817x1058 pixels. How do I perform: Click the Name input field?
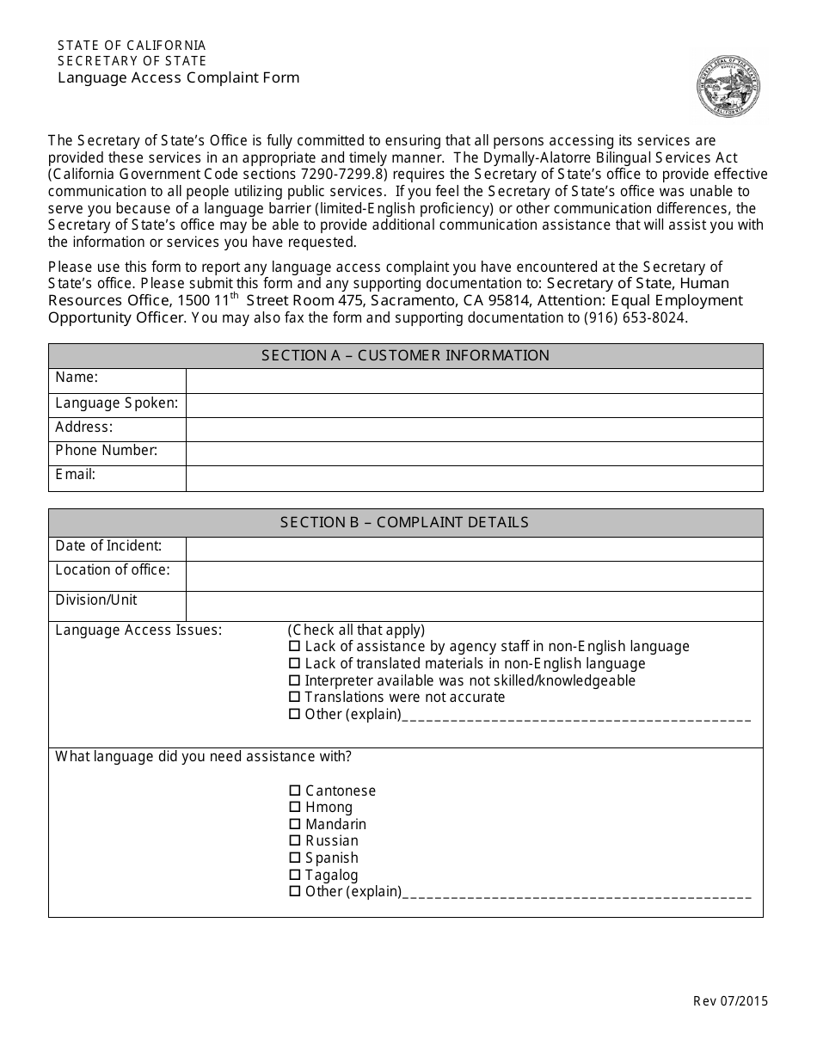tap(474, 381)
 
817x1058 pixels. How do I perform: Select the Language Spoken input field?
tap(474, 405)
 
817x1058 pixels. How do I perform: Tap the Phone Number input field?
tap(474, 453)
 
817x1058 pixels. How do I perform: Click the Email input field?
tap(474, 478)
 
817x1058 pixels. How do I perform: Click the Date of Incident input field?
tap(474, 549)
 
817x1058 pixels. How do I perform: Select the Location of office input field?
tap(474, 575)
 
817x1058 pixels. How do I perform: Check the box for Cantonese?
tap(295, 790)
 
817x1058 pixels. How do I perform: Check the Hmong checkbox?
tap(295, 808)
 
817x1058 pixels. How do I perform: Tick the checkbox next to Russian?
tap(295, 841)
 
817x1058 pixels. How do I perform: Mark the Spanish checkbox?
tap(295, 858)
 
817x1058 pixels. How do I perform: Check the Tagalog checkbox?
tap(295, 875)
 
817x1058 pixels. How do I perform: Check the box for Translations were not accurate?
tap(295, 698)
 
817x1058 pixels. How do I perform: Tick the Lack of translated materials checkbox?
tap(295, 664)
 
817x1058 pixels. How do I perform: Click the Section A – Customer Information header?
tap(405, 356)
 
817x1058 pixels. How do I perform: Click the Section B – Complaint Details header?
tap(405, 522)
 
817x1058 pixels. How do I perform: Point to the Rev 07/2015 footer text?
tap(730, 1000)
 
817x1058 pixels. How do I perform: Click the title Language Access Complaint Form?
tap(179, 77)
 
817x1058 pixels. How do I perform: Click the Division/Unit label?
tap(96, 600)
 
